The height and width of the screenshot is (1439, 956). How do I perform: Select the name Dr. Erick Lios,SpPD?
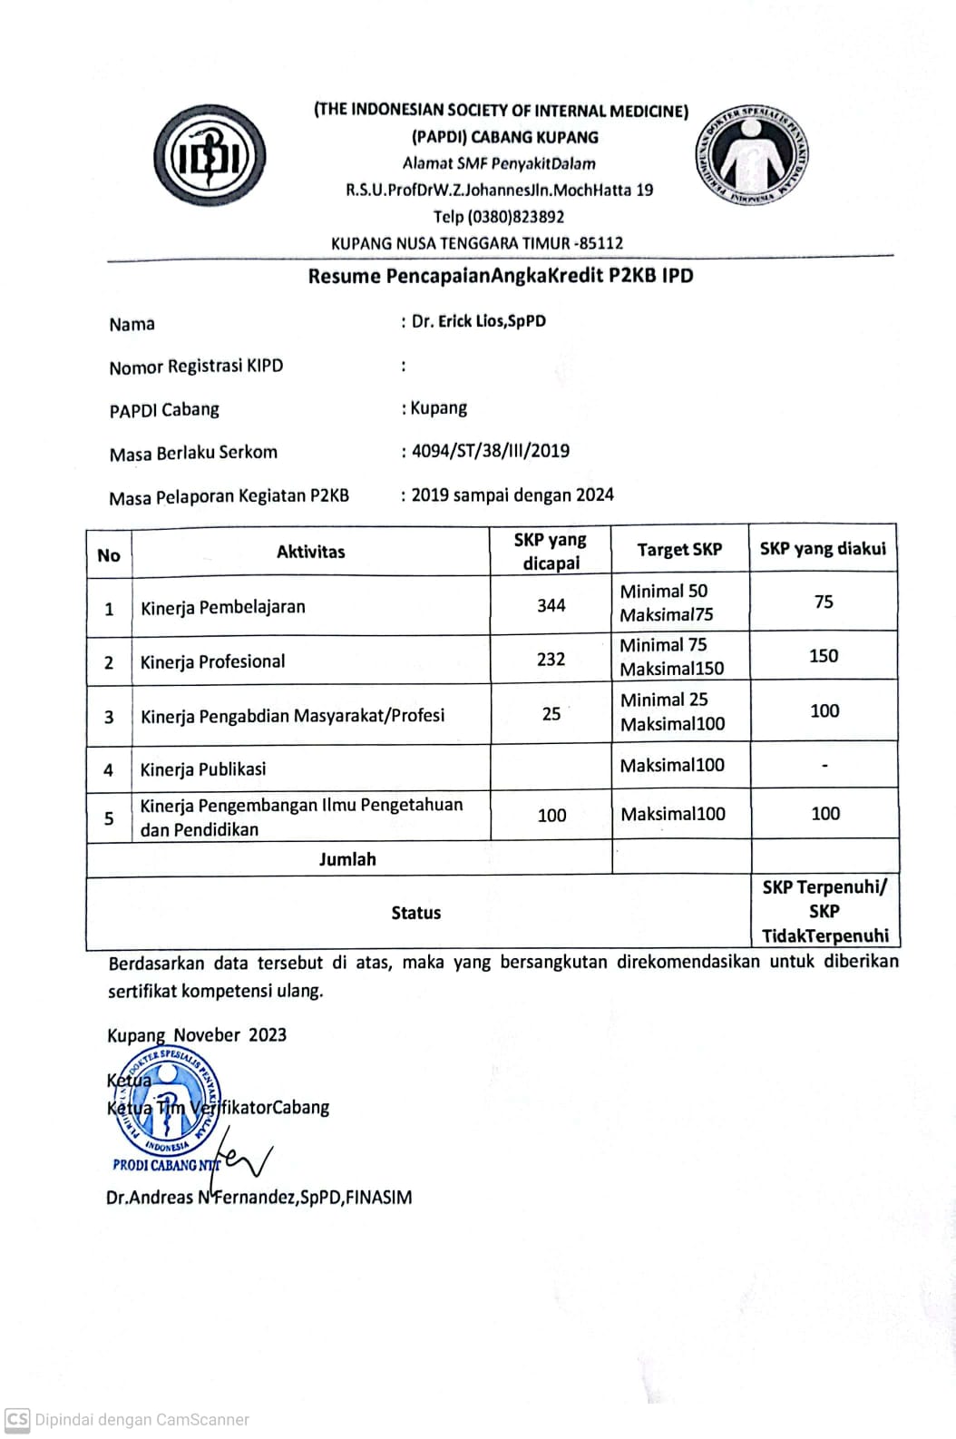coord(478,321)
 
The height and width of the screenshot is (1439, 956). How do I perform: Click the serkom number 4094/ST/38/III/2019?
coord(490,451)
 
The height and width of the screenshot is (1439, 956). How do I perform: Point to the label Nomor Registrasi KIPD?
coord(196,367)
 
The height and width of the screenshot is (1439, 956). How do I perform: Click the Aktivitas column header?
coord(310,552)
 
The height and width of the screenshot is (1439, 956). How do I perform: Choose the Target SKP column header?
coord(679,550)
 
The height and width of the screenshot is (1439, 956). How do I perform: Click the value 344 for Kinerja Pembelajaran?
coord(551,605)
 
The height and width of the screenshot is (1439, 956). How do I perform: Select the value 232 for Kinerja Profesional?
coord(551,660)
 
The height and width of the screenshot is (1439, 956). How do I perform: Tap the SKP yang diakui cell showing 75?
coord(824,602)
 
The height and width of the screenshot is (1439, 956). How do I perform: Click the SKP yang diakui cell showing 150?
coord(824,656)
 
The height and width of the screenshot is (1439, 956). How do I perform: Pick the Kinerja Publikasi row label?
coord(203,769)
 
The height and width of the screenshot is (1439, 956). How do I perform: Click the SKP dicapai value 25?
coord(551,715)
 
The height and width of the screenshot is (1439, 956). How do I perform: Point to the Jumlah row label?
coord(346,859)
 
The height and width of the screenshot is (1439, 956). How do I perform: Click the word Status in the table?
coord(415,913)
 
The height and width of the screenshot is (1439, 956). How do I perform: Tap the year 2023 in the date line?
coord(267,1035)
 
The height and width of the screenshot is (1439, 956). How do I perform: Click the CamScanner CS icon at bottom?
coord(17,1419)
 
